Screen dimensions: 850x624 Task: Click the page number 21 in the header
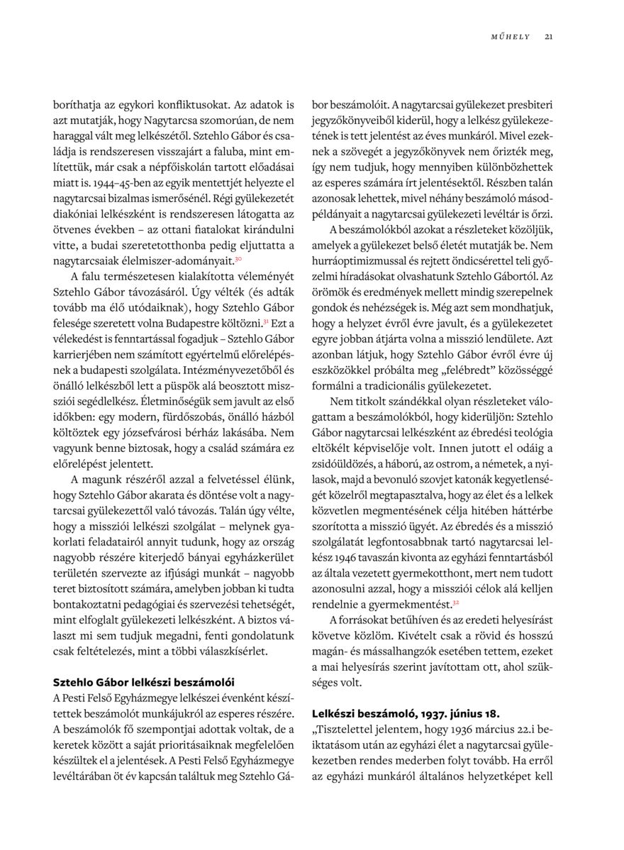[549, 37]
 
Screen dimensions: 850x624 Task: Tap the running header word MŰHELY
[511, 37]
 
